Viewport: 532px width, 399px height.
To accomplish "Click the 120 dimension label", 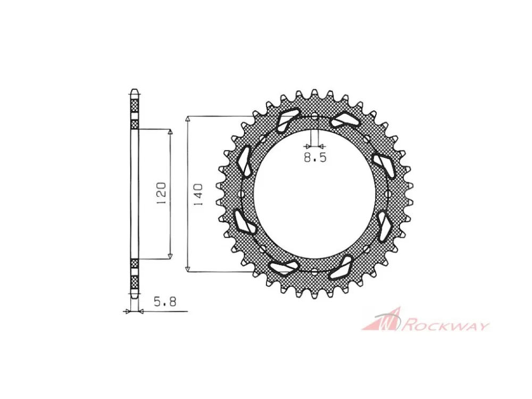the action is (x=161, y=193).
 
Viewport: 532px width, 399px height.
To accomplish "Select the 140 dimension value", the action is (x=197, y=194).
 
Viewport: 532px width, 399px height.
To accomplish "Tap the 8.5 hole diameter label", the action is (x=315, y=158).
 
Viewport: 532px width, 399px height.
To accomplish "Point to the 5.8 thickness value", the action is (x=165, y=302).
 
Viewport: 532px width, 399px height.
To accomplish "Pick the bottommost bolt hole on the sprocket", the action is (x=314, y=271).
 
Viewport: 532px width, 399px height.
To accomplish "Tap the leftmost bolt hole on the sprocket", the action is (x=242, y=194).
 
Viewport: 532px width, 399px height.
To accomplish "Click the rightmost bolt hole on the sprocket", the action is (x=387, y=194).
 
